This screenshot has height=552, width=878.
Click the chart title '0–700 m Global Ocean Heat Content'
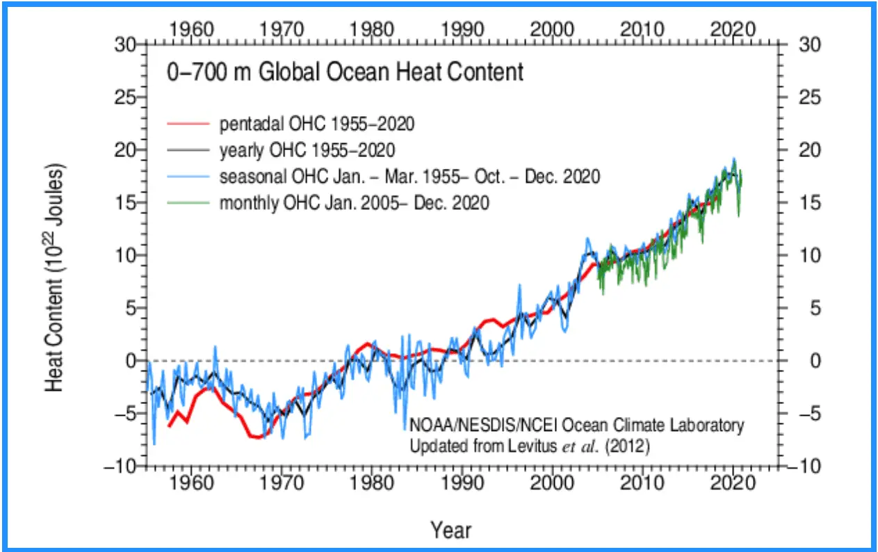[x=345, y=72]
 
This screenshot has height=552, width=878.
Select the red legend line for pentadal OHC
[x=188, y=124]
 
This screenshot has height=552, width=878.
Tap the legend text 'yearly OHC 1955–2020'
[x=307, y=150]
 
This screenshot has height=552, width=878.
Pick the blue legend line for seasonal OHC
[x=188, y=177]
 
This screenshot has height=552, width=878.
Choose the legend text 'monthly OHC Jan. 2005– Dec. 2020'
[x=355, y=203]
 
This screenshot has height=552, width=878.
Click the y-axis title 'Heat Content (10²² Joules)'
[x=56, y=278]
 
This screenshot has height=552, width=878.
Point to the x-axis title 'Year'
[x=450, y=530]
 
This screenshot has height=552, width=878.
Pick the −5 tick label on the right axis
[x=804, y=414]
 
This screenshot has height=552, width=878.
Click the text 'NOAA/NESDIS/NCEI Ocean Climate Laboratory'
[x=576, y=425]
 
